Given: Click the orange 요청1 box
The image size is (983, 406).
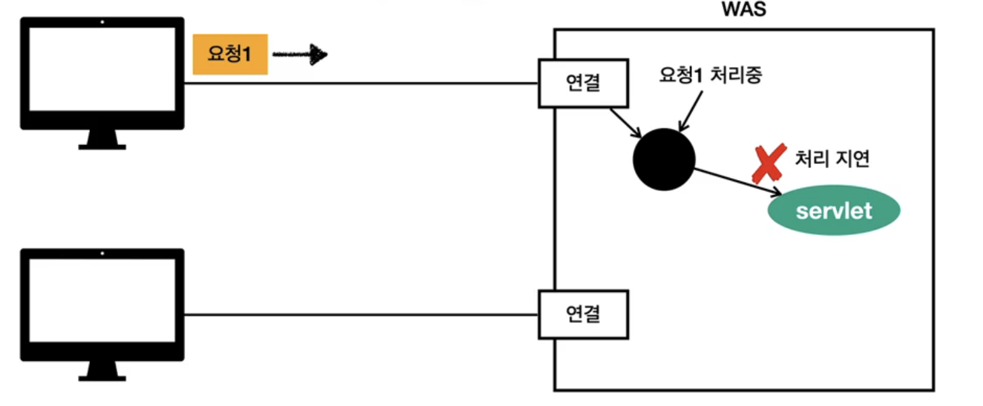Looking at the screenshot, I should (x=230, y=55).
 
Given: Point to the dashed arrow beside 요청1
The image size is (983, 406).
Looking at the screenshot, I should (x=299, y=55).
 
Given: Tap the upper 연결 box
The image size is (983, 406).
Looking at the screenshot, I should (x=583, y=84).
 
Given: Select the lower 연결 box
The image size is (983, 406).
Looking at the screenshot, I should (x=583, y=314).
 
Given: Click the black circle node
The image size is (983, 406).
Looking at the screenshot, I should (x=664, y=160).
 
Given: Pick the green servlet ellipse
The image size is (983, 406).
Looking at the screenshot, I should (x=834, y=211).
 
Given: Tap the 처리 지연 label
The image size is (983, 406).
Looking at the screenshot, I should (x=832, y=159).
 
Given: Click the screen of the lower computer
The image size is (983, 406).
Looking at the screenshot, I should (x=102, y=301).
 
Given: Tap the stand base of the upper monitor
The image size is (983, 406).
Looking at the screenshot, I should (x=102, y=146).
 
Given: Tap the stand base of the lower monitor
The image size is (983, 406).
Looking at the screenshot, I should (x=102, y=377).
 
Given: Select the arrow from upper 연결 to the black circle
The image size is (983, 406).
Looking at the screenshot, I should (x=626, y=123).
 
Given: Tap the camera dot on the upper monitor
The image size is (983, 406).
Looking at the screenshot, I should (x=102, y=22).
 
